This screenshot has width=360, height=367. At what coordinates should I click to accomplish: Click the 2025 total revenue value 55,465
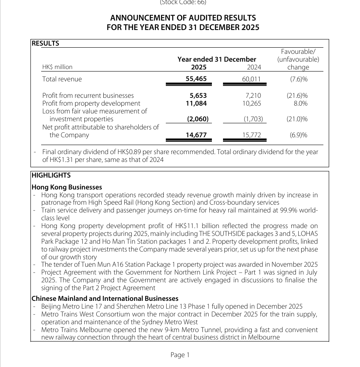pyautogui.click(x=196, y=79)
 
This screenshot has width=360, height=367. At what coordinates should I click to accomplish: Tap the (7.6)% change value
pyautogui.click(x=299, y=79)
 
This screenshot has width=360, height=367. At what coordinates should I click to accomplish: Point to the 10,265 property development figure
pyautogui.click(x=252, y=104)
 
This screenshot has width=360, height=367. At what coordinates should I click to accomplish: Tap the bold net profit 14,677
pyautogui.click(x=196, y=135)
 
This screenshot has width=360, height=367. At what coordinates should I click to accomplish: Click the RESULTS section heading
pyautogui.click(x=45, y=43)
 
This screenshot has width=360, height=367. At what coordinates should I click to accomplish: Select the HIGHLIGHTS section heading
pyautogui.click(x=51, y=175)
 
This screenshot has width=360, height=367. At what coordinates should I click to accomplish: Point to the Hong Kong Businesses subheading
pyautogui.click(x=67, y=187)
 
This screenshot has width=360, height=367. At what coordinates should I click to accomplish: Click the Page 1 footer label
pyautogui.click(x=180, y=355)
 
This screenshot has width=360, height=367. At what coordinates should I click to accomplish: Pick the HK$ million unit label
pyautogui.click(x=57, y=67)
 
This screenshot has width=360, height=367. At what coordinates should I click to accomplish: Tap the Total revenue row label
pyautogui.click(x=62, y=79)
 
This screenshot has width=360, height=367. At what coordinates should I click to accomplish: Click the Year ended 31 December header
pyautogui.click(x=217, y=59)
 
